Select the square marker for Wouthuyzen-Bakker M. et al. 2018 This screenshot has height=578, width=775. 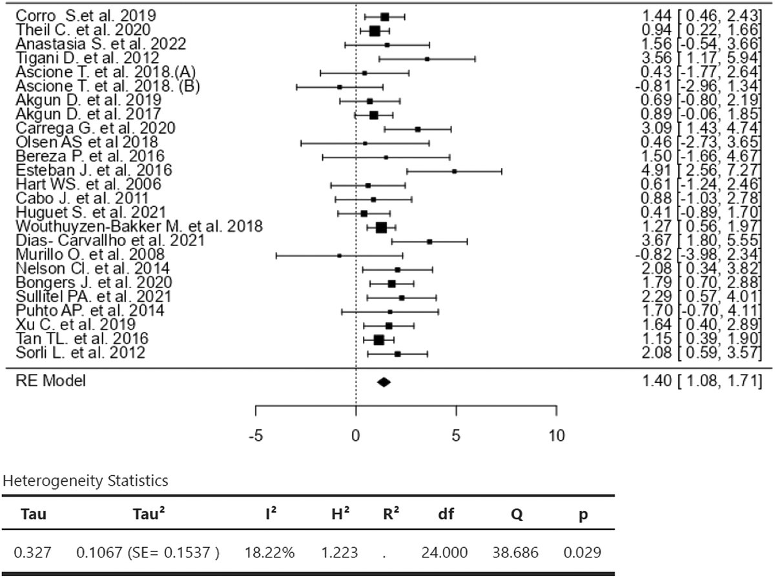coord(381,227)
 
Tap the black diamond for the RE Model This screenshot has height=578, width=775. coord(384,382)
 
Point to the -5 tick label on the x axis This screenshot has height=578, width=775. coord(256,435)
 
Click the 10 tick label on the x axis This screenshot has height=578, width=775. coord(556,435)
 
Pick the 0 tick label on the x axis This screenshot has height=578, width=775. coord(356,435)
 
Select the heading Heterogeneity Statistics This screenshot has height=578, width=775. coord(86,480)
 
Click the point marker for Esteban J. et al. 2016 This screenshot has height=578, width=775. coord(455,171)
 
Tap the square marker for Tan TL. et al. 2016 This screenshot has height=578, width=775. coord(378,340)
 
